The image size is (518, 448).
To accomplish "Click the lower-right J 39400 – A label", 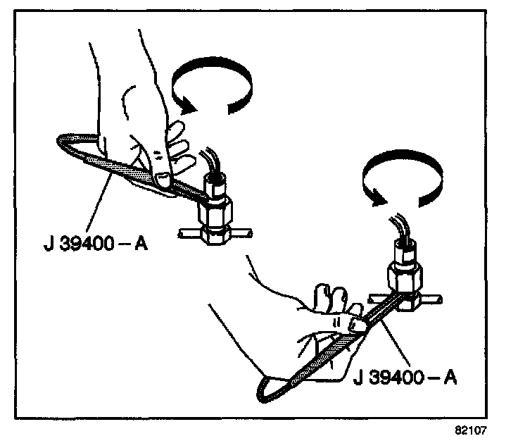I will pos(405,378).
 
